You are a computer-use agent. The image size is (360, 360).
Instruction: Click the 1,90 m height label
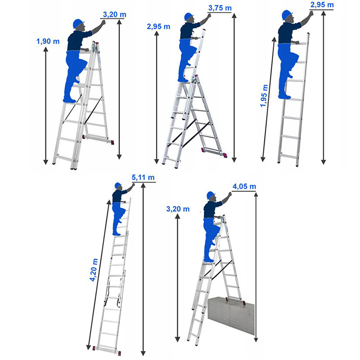48,41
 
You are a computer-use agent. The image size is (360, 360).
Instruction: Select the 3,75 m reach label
220,8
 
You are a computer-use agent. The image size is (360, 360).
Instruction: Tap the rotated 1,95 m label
264,95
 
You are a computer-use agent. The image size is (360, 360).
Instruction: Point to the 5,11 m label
143,177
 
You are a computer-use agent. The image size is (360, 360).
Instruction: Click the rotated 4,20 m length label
94,270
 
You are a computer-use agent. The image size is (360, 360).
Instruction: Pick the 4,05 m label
244,186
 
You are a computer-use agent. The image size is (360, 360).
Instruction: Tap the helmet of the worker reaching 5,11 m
118,185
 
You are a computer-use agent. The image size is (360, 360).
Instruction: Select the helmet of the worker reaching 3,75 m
189,17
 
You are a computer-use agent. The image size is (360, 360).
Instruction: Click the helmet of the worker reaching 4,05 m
211,195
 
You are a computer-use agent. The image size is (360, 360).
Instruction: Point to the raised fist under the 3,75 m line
208,16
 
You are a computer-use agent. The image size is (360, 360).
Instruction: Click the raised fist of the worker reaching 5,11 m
133,184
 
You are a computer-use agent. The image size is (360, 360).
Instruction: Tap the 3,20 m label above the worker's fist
115,14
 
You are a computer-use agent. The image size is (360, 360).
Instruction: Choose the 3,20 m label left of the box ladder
178,209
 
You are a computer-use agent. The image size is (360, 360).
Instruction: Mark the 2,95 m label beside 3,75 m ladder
159,27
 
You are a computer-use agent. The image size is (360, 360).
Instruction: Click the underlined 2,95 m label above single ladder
322,5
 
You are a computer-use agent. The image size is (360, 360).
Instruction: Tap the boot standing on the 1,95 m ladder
284,96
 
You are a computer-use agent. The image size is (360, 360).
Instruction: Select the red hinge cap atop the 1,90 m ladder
96,43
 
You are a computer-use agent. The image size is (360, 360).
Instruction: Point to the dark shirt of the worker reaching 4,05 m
212,209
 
